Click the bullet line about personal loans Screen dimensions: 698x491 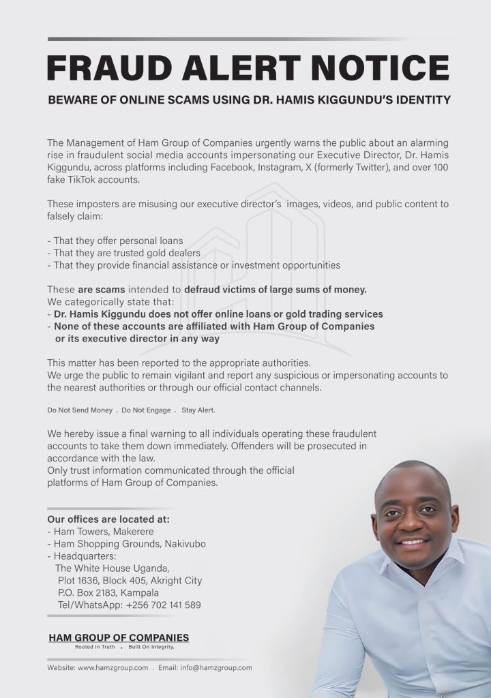(x=115, y=241)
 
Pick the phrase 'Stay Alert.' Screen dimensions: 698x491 (x=198, y=410)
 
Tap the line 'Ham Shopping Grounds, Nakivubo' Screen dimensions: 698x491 (x=127, y=543)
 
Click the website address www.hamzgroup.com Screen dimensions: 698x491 (x=113, y=668)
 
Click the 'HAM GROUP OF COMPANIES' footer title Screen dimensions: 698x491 (x=119, y=637)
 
